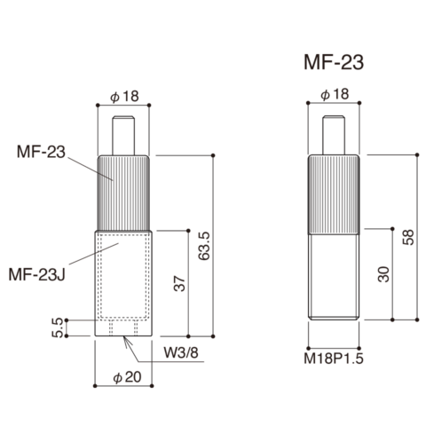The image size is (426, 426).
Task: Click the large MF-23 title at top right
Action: (334, 62)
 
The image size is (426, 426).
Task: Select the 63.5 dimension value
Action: (204, 246)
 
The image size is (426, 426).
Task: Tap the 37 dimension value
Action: (179, 284)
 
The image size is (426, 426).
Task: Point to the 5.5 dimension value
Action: (57, 327)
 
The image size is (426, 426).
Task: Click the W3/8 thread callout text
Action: (181, 352)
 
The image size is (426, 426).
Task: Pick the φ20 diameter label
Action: (127, 377)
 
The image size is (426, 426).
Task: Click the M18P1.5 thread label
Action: (334, 359)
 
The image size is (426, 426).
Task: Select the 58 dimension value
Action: (408, 237)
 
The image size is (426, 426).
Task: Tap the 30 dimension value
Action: (384, 274)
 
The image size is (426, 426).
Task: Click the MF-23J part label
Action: (37, 274)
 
